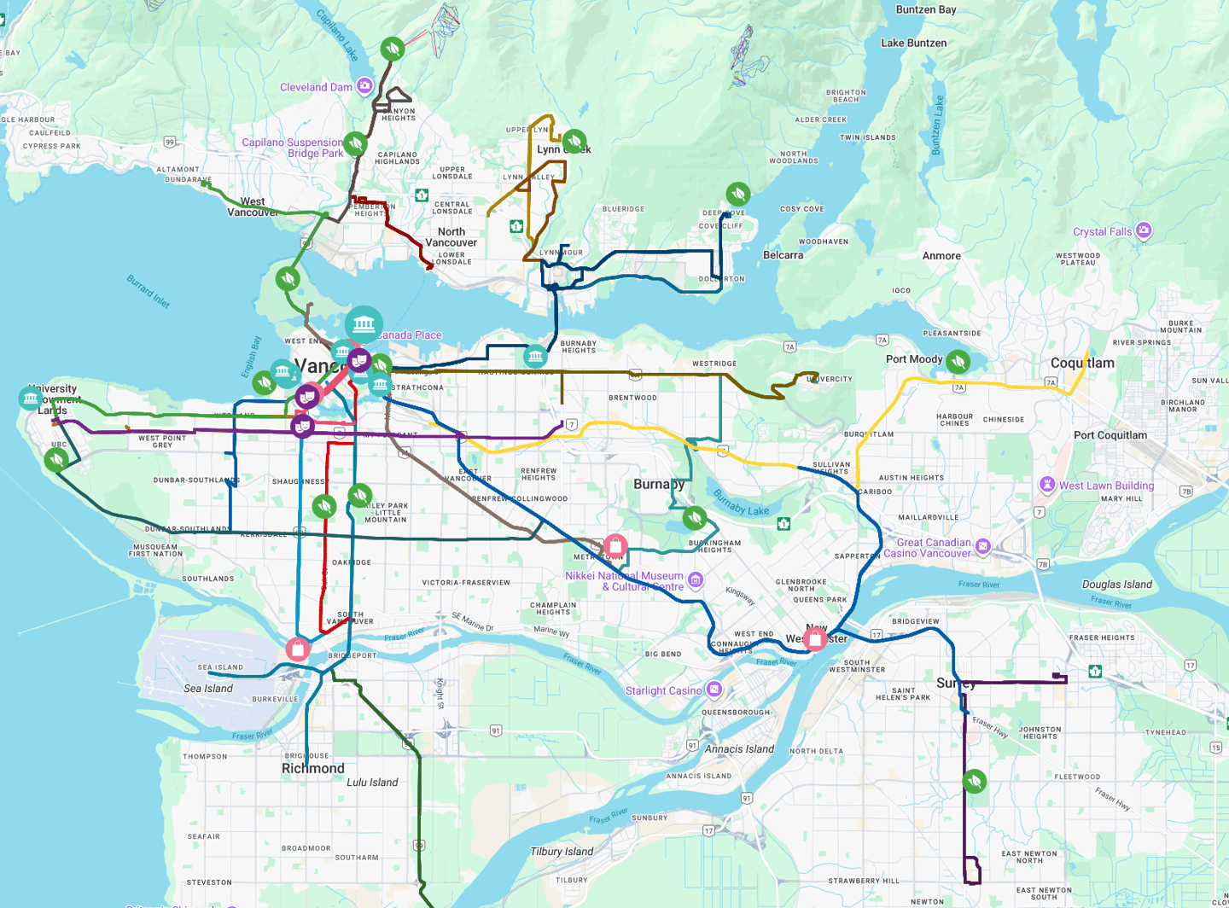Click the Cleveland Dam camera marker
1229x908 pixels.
(364, 85)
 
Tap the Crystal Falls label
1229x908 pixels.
(1102, 231)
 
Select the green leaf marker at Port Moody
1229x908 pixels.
(958, 362)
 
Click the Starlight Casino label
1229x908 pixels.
(663, 690)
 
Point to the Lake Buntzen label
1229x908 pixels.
(913, 43)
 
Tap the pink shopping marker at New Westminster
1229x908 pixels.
(815, 637)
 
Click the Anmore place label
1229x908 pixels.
(941, 256)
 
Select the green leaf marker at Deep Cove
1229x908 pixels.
(738, 195)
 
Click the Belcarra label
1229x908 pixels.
(783, 255)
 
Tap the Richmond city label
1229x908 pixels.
(313, 768)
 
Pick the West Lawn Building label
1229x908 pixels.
(1106, 486)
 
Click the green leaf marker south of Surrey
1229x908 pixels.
(974, 781)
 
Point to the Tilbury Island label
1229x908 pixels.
(562, 851)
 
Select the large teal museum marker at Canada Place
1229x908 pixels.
(364, 324)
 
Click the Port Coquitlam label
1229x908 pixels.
(1110, 435)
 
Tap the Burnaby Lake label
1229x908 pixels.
(741, 503)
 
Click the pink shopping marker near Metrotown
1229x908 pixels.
(615, 546)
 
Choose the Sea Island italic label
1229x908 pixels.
(208, 689)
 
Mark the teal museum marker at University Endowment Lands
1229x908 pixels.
(31, 398)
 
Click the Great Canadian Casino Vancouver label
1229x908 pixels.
(934, 548)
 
